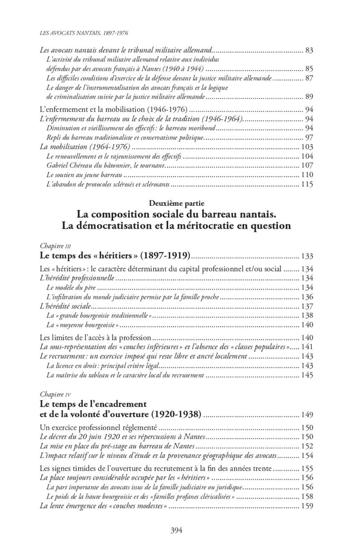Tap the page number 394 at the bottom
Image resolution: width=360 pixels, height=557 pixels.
tap(177, 531)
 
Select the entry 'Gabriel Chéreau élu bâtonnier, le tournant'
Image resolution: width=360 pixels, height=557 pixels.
tap(105, 166)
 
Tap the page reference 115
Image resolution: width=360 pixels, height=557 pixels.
tap(307, 184)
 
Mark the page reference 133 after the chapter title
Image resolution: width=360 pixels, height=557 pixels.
tap(307, 255)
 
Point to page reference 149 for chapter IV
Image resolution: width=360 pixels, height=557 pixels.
tap(307, 414)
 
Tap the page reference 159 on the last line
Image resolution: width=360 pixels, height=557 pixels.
tap(307, 506)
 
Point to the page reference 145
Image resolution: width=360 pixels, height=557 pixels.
tap(307, 375)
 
